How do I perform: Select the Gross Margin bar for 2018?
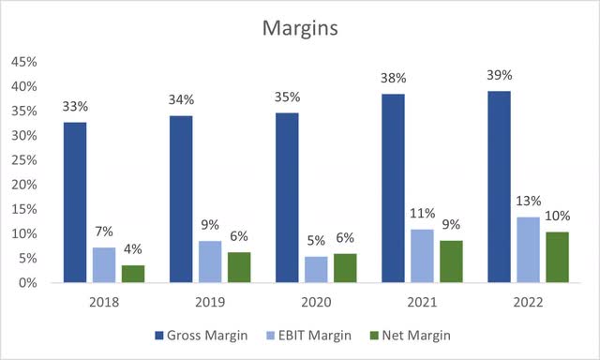(x=75, y=202)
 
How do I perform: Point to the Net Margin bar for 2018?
(x=134, y=274)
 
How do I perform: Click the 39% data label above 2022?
(x=499, y=74)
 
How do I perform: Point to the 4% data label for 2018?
(x=134, y=248)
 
